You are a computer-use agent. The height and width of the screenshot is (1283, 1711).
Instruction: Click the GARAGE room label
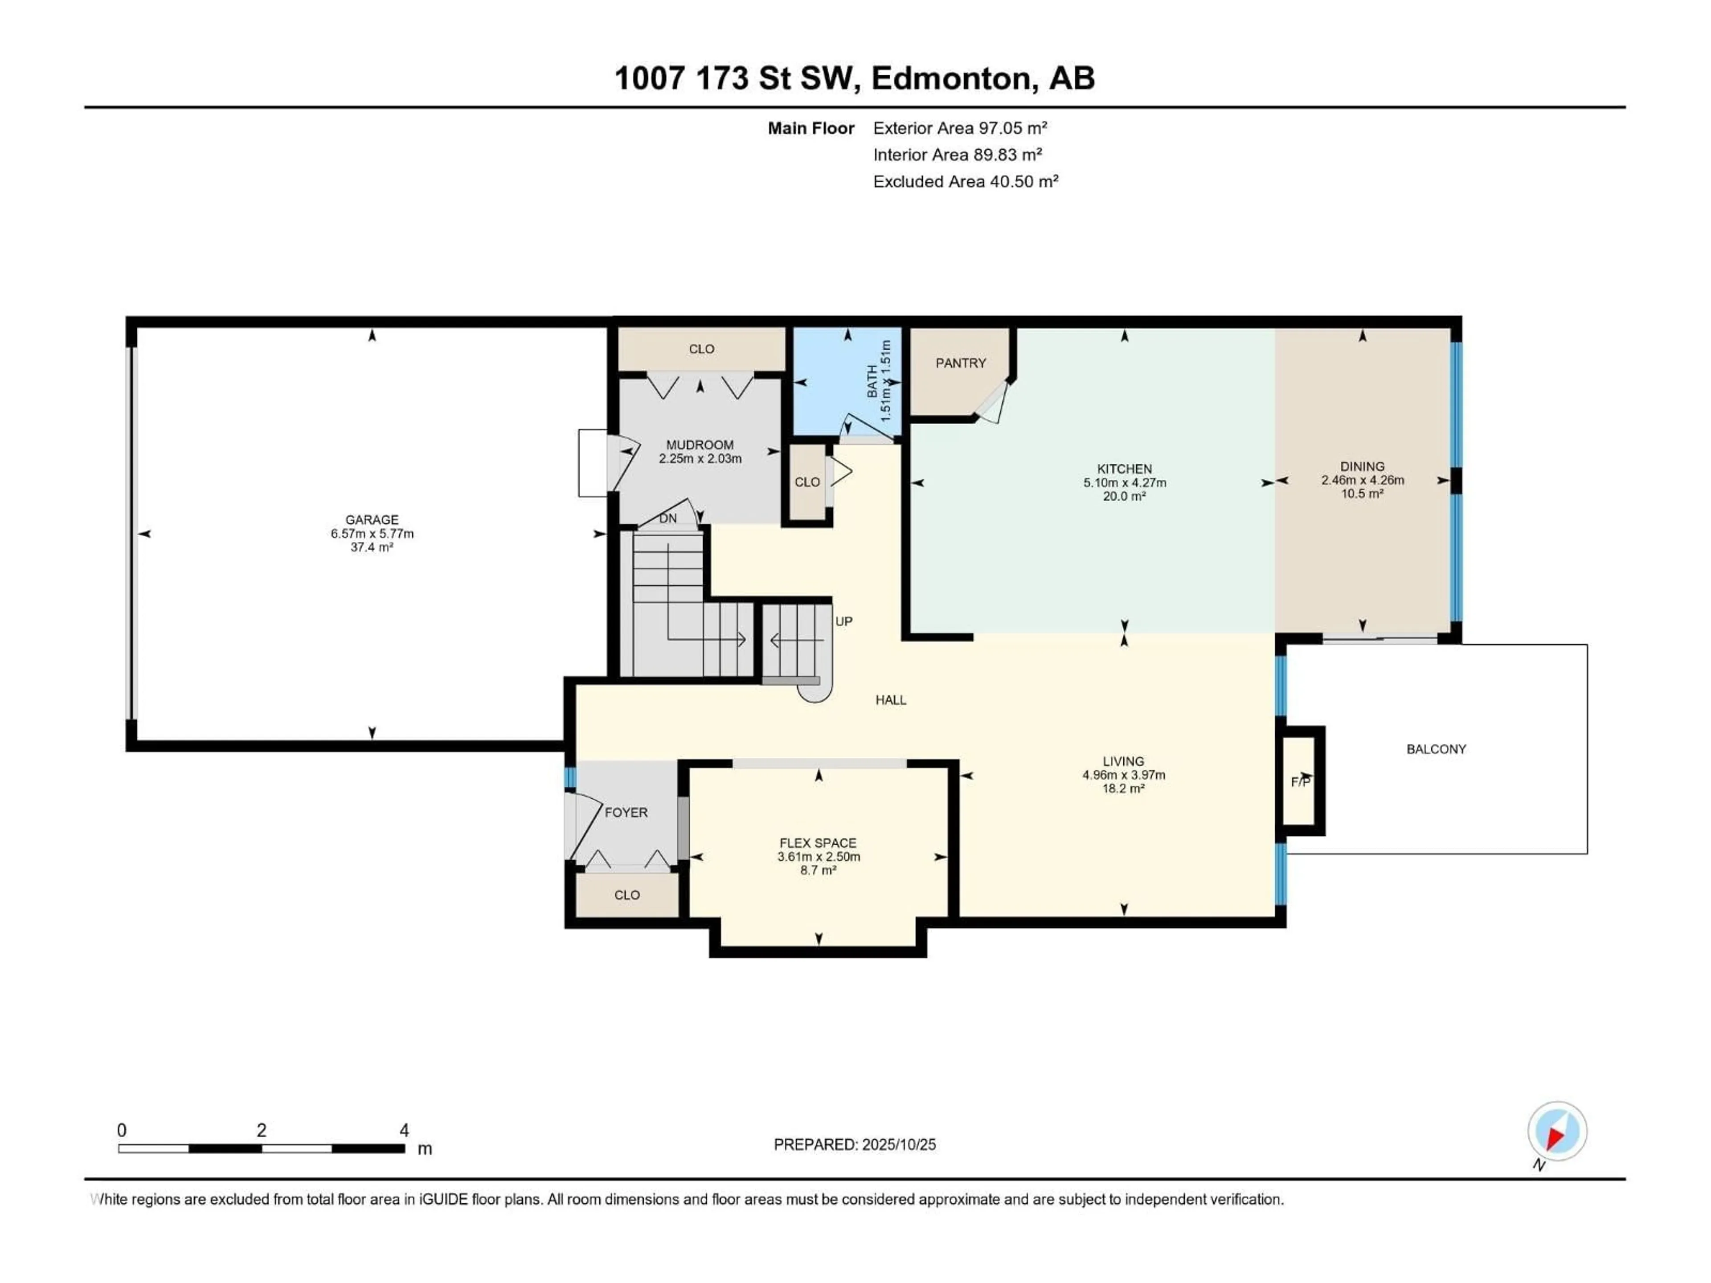click(372, 520)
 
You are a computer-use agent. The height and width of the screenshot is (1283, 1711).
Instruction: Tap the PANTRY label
click(961, 363)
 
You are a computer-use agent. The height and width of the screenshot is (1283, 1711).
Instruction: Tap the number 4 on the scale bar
click(404, 1130)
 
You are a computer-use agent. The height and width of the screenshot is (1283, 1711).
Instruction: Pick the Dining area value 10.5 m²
click(1362, 494)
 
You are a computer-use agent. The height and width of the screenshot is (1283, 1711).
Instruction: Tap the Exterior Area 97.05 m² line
click(960, 128)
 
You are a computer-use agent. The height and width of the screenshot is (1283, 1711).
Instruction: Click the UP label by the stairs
click(844, 621)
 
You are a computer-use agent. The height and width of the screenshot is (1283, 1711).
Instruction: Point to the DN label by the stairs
click(667, 518)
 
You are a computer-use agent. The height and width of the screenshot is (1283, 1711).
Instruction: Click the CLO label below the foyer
click(626, 895)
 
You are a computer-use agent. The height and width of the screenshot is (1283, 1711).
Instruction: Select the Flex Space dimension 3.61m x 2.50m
click(819, 857)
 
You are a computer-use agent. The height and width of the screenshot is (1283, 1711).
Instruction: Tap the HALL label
click(890, 700)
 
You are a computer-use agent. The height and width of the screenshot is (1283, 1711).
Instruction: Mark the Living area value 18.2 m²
click(1123, 788)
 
